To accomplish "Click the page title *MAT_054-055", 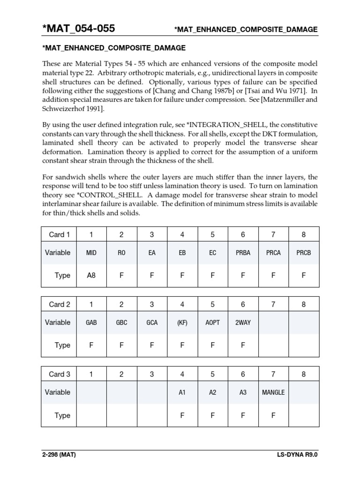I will coord(78,29).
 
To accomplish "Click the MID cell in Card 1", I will coord(91,253).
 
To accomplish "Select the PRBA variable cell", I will coord(243,253).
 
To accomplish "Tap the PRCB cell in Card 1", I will coord(303,253).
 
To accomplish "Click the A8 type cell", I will coord(91,276).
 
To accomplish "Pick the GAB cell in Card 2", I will coord(91,322).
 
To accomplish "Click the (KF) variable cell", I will coord(182,322).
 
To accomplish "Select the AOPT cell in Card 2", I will coord(212,322).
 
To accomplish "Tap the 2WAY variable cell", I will coord(243,322).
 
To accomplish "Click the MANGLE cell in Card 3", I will coord(273,392).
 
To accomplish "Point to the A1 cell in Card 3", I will coord(182,392).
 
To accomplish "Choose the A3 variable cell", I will coord(243,392).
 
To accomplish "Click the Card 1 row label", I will coord(60,234).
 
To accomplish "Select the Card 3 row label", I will coord(60,374).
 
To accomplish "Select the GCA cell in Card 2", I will coord(151,322).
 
